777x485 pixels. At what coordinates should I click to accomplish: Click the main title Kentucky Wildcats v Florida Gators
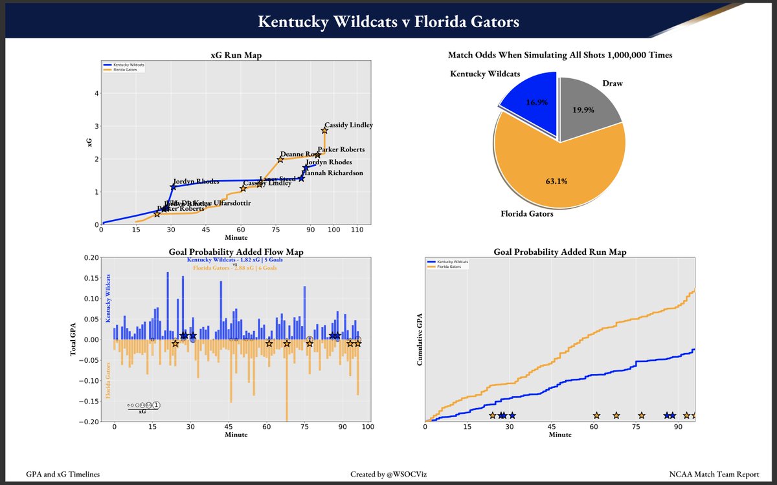tap(388, 22)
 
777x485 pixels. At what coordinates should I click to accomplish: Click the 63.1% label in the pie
tap(556, 181)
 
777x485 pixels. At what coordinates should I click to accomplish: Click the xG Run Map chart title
tap(236, 56)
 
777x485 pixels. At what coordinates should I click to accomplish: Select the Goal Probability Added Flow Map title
tap(236, 252)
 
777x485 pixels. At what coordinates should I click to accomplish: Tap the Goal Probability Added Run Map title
tap(559, 252)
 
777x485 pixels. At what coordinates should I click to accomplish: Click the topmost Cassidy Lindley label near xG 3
tap(348, 125)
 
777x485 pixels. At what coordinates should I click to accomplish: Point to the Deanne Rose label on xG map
tap(300, 154)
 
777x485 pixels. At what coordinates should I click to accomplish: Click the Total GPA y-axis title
tap(73, 339)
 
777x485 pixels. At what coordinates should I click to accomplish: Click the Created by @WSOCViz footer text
tap(388, 475)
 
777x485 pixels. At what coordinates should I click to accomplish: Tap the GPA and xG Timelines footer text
tap(63, 475)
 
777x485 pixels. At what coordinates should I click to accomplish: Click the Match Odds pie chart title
tap(559, 56)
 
